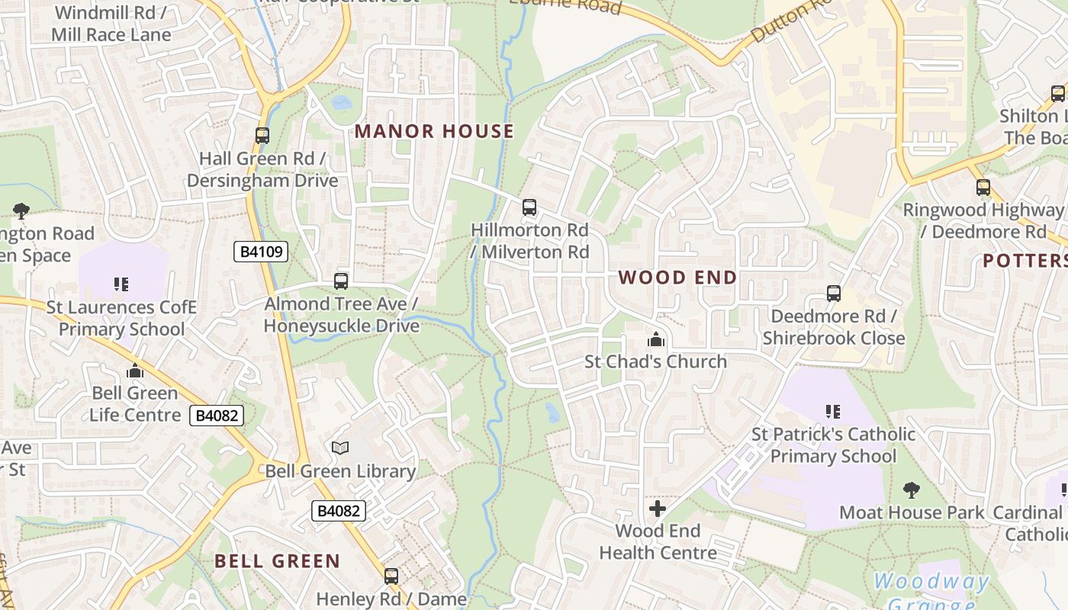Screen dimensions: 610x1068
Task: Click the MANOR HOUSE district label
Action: tap(434, 131)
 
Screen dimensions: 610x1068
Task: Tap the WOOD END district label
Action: tap(677, 277)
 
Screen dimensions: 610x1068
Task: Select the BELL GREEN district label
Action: tap(277, 561)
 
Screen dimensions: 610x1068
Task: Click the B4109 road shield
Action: tap(261, 252)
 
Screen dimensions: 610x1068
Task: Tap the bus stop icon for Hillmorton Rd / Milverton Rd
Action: tap(529, 207)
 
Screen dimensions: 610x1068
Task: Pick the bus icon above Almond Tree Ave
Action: tap(341, 281)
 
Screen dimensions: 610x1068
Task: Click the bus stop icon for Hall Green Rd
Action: tap(262, 136)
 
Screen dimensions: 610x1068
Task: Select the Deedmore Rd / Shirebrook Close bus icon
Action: tap(834, 294)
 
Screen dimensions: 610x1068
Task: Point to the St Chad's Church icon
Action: tap(655, 339)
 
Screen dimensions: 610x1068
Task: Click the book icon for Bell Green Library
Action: tap(340, 448)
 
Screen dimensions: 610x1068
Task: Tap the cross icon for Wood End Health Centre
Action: tap(658, 508)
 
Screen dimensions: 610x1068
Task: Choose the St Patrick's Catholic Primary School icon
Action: tap(833, 412)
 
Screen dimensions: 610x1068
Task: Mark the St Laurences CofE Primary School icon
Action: tap(121, 284)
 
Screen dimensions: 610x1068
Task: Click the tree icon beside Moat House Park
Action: tap(911, 490)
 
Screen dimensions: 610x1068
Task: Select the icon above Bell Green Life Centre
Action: tap(135, 371)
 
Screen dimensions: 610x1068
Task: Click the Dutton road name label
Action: tap(790, 21)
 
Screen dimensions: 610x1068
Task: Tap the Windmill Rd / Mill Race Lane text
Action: tap(111, 24)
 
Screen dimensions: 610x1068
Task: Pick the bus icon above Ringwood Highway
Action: tap(983, 187)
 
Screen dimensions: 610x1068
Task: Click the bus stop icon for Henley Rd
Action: tap(391, 576)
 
